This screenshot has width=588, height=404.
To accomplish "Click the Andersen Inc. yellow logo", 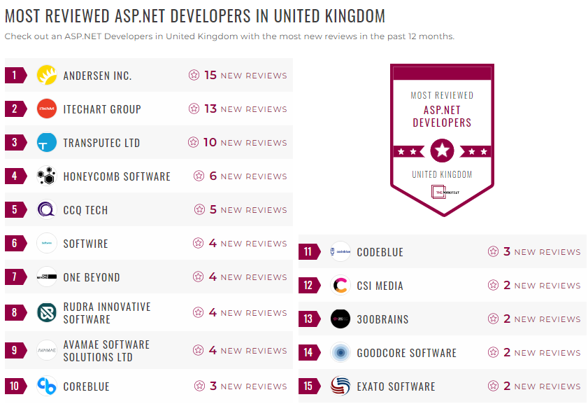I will click(x=47, y=75).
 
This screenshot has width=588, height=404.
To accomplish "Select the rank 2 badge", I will click(x=15, y=109).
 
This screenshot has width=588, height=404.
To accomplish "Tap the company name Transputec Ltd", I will click(x=101, y=143).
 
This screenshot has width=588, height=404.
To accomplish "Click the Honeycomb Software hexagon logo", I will click(x=47, y=176).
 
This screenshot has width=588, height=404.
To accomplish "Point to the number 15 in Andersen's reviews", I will click(x=210, y=75).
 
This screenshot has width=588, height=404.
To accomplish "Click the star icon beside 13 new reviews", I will click(x=194, y=109).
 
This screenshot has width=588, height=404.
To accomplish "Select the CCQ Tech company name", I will click(x=85, y=210).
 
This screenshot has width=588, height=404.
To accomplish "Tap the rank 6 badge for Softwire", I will click(x=15, y=244).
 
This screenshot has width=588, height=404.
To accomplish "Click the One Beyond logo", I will click(x=47, y=277).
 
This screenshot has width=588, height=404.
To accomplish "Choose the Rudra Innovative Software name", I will click(x=107, y=313).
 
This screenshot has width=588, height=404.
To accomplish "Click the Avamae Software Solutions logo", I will click(x=47, y=350).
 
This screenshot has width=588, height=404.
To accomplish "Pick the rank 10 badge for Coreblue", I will click(x=15, y=386).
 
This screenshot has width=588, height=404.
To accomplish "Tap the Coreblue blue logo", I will click(x=47, y=386).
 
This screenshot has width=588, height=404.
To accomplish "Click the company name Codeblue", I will click(x=380, y=252).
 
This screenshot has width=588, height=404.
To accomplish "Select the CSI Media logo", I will click(x=340, y=286).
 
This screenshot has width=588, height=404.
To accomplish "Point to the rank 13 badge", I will click(x=308, y=319).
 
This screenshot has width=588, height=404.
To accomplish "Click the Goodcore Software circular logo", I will click(x=340, y=353).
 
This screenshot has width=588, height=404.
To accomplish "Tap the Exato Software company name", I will click(x=396, y=386).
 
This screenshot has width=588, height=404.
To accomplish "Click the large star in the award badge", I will click(x=442, y=151).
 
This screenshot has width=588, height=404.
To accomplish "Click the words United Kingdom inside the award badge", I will click(x=442, y=174).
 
